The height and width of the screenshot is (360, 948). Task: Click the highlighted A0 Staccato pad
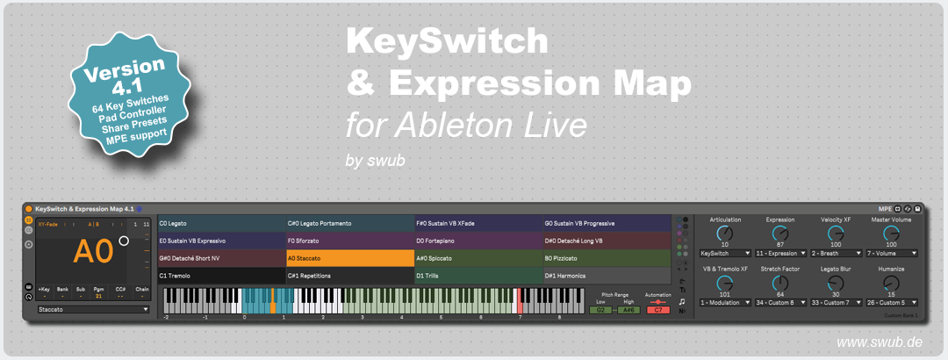click(349, 259)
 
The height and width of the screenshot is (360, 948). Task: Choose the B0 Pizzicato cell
click(606, 259)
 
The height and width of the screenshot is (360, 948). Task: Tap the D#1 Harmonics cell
click(606, 276)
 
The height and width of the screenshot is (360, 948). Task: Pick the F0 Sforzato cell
click(349, 241)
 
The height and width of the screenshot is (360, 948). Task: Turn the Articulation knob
click(724, 234)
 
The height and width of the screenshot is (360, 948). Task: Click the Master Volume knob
click(892, 234)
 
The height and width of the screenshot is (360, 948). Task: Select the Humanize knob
click(892, 283)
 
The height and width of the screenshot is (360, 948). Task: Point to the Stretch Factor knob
click(780, 283)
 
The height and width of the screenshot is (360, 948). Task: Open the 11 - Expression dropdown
click(780, 253)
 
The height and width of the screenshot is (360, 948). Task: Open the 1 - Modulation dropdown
click(724, 303)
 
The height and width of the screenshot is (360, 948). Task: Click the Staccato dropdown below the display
click(93, 309)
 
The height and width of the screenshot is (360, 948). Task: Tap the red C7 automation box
click(657, 310)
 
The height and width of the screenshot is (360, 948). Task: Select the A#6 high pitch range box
click(628, 310)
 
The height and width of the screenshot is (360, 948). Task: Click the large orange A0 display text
click(93, 252)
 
